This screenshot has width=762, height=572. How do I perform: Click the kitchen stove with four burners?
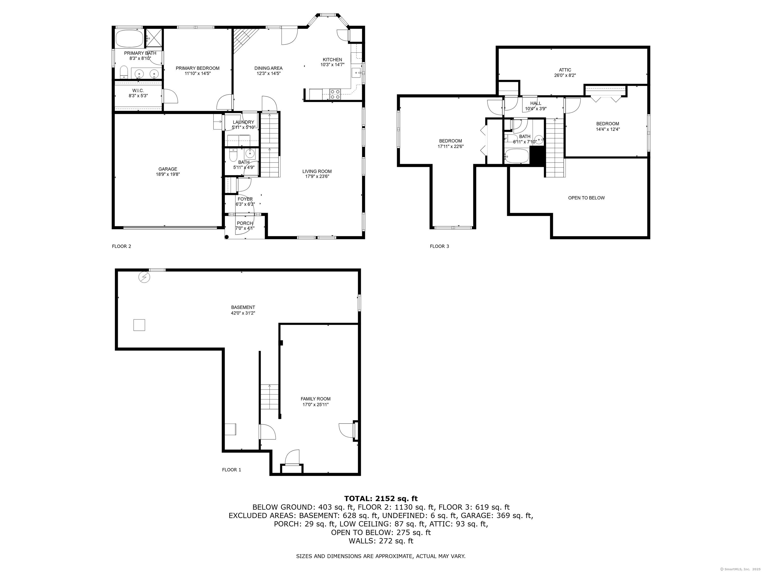click(335, 94)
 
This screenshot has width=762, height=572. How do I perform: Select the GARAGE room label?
click(168, 169)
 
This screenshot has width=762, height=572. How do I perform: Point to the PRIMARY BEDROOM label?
click(197, 68)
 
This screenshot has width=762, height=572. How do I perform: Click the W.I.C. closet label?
click(138, 90)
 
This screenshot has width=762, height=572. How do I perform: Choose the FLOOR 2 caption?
click(122, 246)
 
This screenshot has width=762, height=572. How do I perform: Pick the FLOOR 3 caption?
click(440, 246)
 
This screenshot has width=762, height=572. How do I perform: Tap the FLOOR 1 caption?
click(231, 470)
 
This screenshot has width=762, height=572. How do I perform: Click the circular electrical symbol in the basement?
click(144, 277)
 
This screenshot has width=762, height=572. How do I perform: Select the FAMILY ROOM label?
click(316, 399)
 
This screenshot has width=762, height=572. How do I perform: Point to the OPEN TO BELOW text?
click(586, 198)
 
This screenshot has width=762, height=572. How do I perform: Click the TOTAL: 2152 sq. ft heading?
click(381, 499)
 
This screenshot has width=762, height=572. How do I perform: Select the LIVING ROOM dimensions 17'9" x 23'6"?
click(317, 177)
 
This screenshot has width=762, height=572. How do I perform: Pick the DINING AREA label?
click(268, 68)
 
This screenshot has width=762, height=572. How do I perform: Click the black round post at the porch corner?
click(227, 237)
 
